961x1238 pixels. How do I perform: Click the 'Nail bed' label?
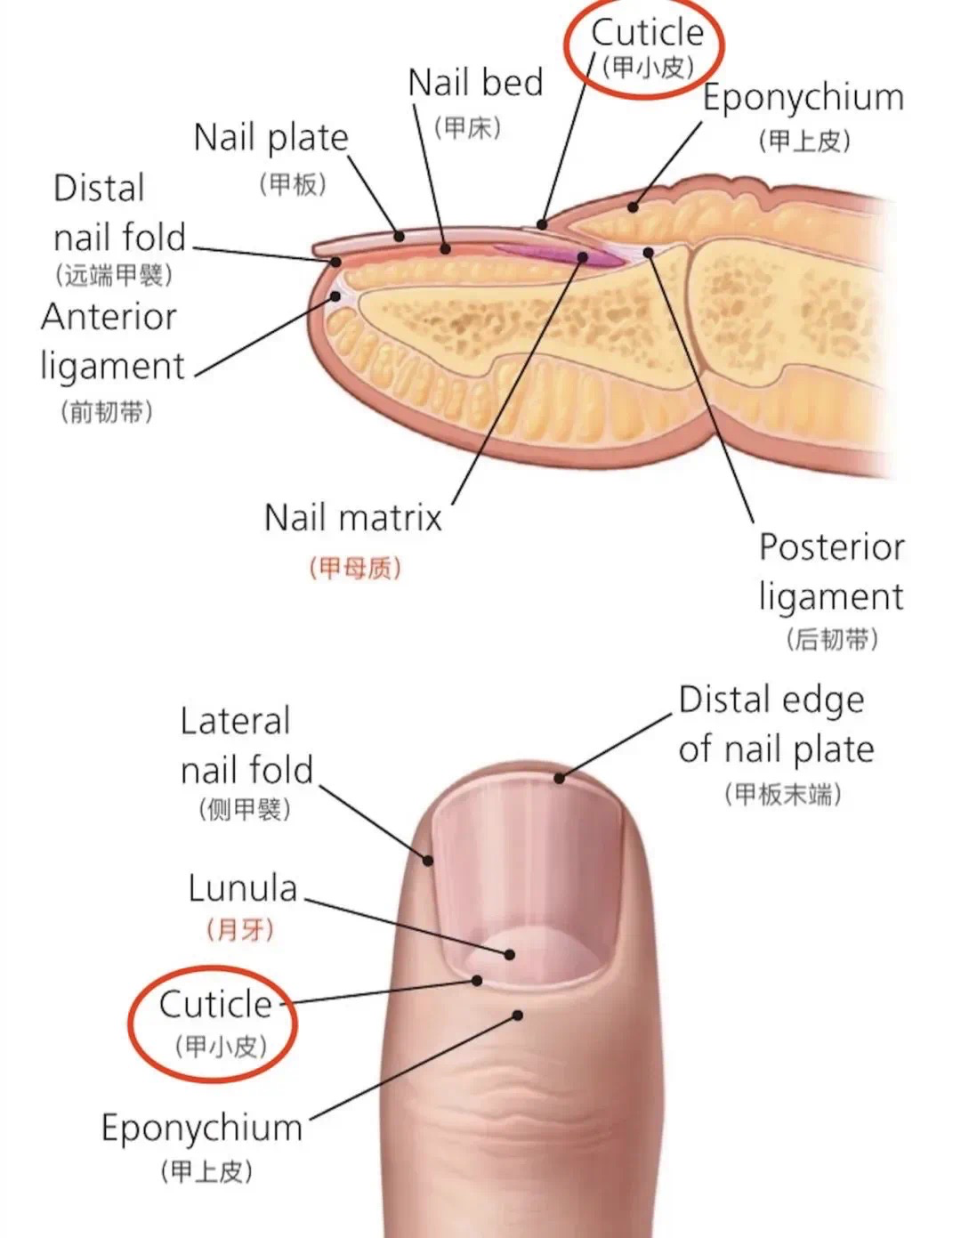475,83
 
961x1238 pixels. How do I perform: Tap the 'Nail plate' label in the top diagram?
271,138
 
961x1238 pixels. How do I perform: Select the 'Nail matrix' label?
353,517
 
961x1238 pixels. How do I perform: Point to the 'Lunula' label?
242,888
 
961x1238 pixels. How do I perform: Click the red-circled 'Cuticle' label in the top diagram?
647,34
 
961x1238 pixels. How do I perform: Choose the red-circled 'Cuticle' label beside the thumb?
215,1005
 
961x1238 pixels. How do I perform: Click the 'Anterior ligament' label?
111,341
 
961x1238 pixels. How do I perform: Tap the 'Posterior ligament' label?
831,571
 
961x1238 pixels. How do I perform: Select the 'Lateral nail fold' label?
246,746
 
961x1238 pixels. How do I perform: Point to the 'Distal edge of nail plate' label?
775,724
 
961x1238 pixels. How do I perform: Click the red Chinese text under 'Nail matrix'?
355,568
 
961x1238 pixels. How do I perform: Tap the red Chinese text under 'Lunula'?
240,930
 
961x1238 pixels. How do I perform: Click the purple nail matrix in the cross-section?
556,255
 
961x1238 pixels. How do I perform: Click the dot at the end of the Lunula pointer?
510,954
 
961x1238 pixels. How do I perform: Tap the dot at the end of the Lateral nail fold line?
428,861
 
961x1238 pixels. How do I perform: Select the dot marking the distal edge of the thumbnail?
559,779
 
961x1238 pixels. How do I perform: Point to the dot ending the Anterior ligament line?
335,296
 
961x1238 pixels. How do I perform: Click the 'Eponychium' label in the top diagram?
803,98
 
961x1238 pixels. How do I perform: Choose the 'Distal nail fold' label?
119,214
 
